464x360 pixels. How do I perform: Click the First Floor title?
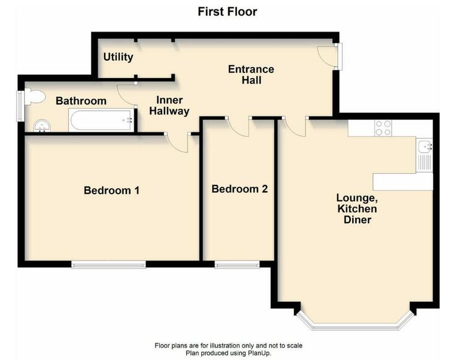tap(227, 12)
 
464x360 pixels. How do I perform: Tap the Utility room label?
tap(118, 57)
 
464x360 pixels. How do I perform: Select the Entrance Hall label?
tap(251, 75)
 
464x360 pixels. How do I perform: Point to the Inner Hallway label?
tap(170, 105)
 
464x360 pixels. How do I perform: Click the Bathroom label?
tap(81, 101)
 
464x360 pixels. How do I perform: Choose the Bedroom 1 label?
tap(111, 190)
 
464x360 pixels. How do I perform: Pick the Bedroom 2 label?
tap(239, 189)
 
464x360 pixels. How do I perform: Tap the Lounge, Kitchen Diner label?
tap(357, 208)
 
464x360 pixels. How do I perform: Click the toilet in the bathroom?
tap(34, 96)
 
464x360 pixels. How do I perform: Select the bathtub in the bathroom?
tap(101, 120)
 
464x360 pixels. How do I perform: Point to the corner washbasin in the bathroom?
tap(42, 126)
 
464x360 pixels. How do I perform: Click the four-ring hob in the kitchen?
tap(383, 128)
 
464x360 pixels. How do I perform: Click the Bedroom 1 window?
tap(109, 264)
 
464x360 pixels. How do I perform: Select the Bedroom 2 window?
tap(237, 264)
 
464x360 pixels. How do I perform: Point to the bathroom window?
tap(20, 106)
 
